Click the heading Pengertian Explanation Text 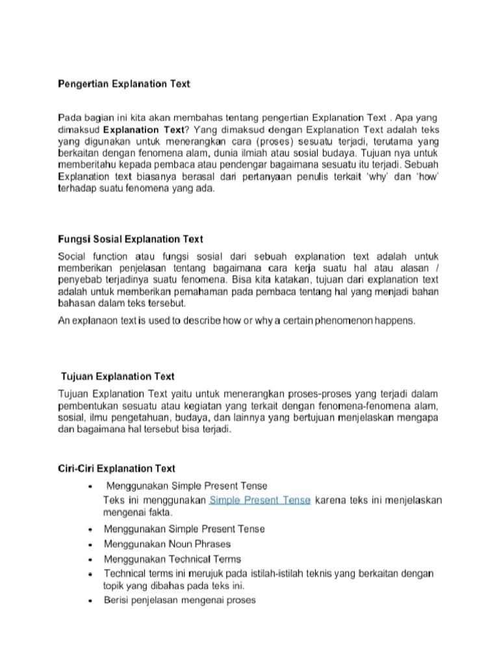(x=124, y=84)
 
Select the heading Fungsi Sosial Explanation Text (x=131, y=239)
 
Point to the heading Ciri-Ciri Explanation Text (x=116, y=468)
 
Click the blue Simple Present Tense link (x=260, y=501)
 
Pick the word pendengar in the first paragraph (x=232, y=165)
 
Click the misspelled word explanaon (x=97, y=321)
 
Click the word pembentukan (x=90, y=406)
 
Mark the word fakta (x=160, y=513)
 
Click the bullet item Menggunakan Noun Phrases (x=167, y=544)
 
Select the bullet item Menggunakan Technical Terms (x=172, y=559)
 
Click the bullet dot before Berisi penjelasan (x=89, y=601)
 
